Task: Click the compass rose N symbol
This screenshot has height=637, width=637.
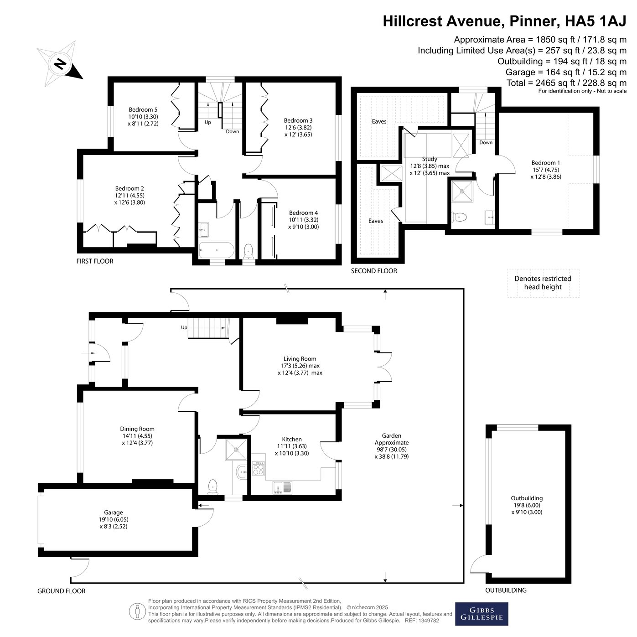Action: tap(60, 64)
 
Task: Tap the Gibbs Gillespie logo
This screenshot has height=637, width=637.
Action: tap(482, 614)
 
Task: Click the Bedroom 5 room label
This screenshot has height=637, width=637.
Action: tap(143, 117)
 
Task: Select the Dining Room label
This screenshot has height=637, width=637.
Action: tap(137, 435)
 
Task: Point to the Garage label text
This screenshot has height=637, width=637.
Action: tap(114, 519)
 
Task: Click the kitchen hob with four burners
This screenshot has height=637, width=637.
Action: tap(258, 469)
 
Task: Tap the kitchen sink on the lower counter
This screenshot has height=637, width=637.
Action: tap(282, 487)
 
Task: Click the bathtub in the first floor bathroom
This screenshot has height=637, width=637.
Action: tap(217, 250)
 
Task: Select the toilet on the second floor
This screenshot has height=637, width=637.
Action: tap(459, 217)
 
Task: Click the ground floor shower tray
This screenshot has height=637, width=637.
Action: tap(236, 450)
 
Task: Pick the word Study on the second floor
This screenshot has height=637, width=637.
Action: tap(430, 159)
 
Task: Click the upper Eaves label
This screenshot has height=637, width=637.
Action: tap(379, 121)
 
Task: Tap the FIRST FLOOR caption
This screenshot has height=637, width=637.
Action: tap(95, 261)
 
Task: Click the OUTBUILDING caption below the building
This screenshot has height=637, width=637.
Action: tap(506, 590)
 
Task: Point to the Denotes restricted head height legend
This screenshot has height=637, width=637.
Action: tap(543, 283)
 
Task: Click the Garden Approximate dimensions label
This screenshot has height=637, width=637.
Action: tap(392, 446)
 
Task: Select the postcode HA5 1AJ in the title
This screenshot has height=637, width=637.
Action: tap(596, 21)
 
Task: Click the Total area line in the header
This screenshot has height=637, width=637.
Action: tap(567, 83)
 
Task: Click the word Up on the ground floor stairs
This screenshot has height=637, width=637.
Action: tap(184, 327)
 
